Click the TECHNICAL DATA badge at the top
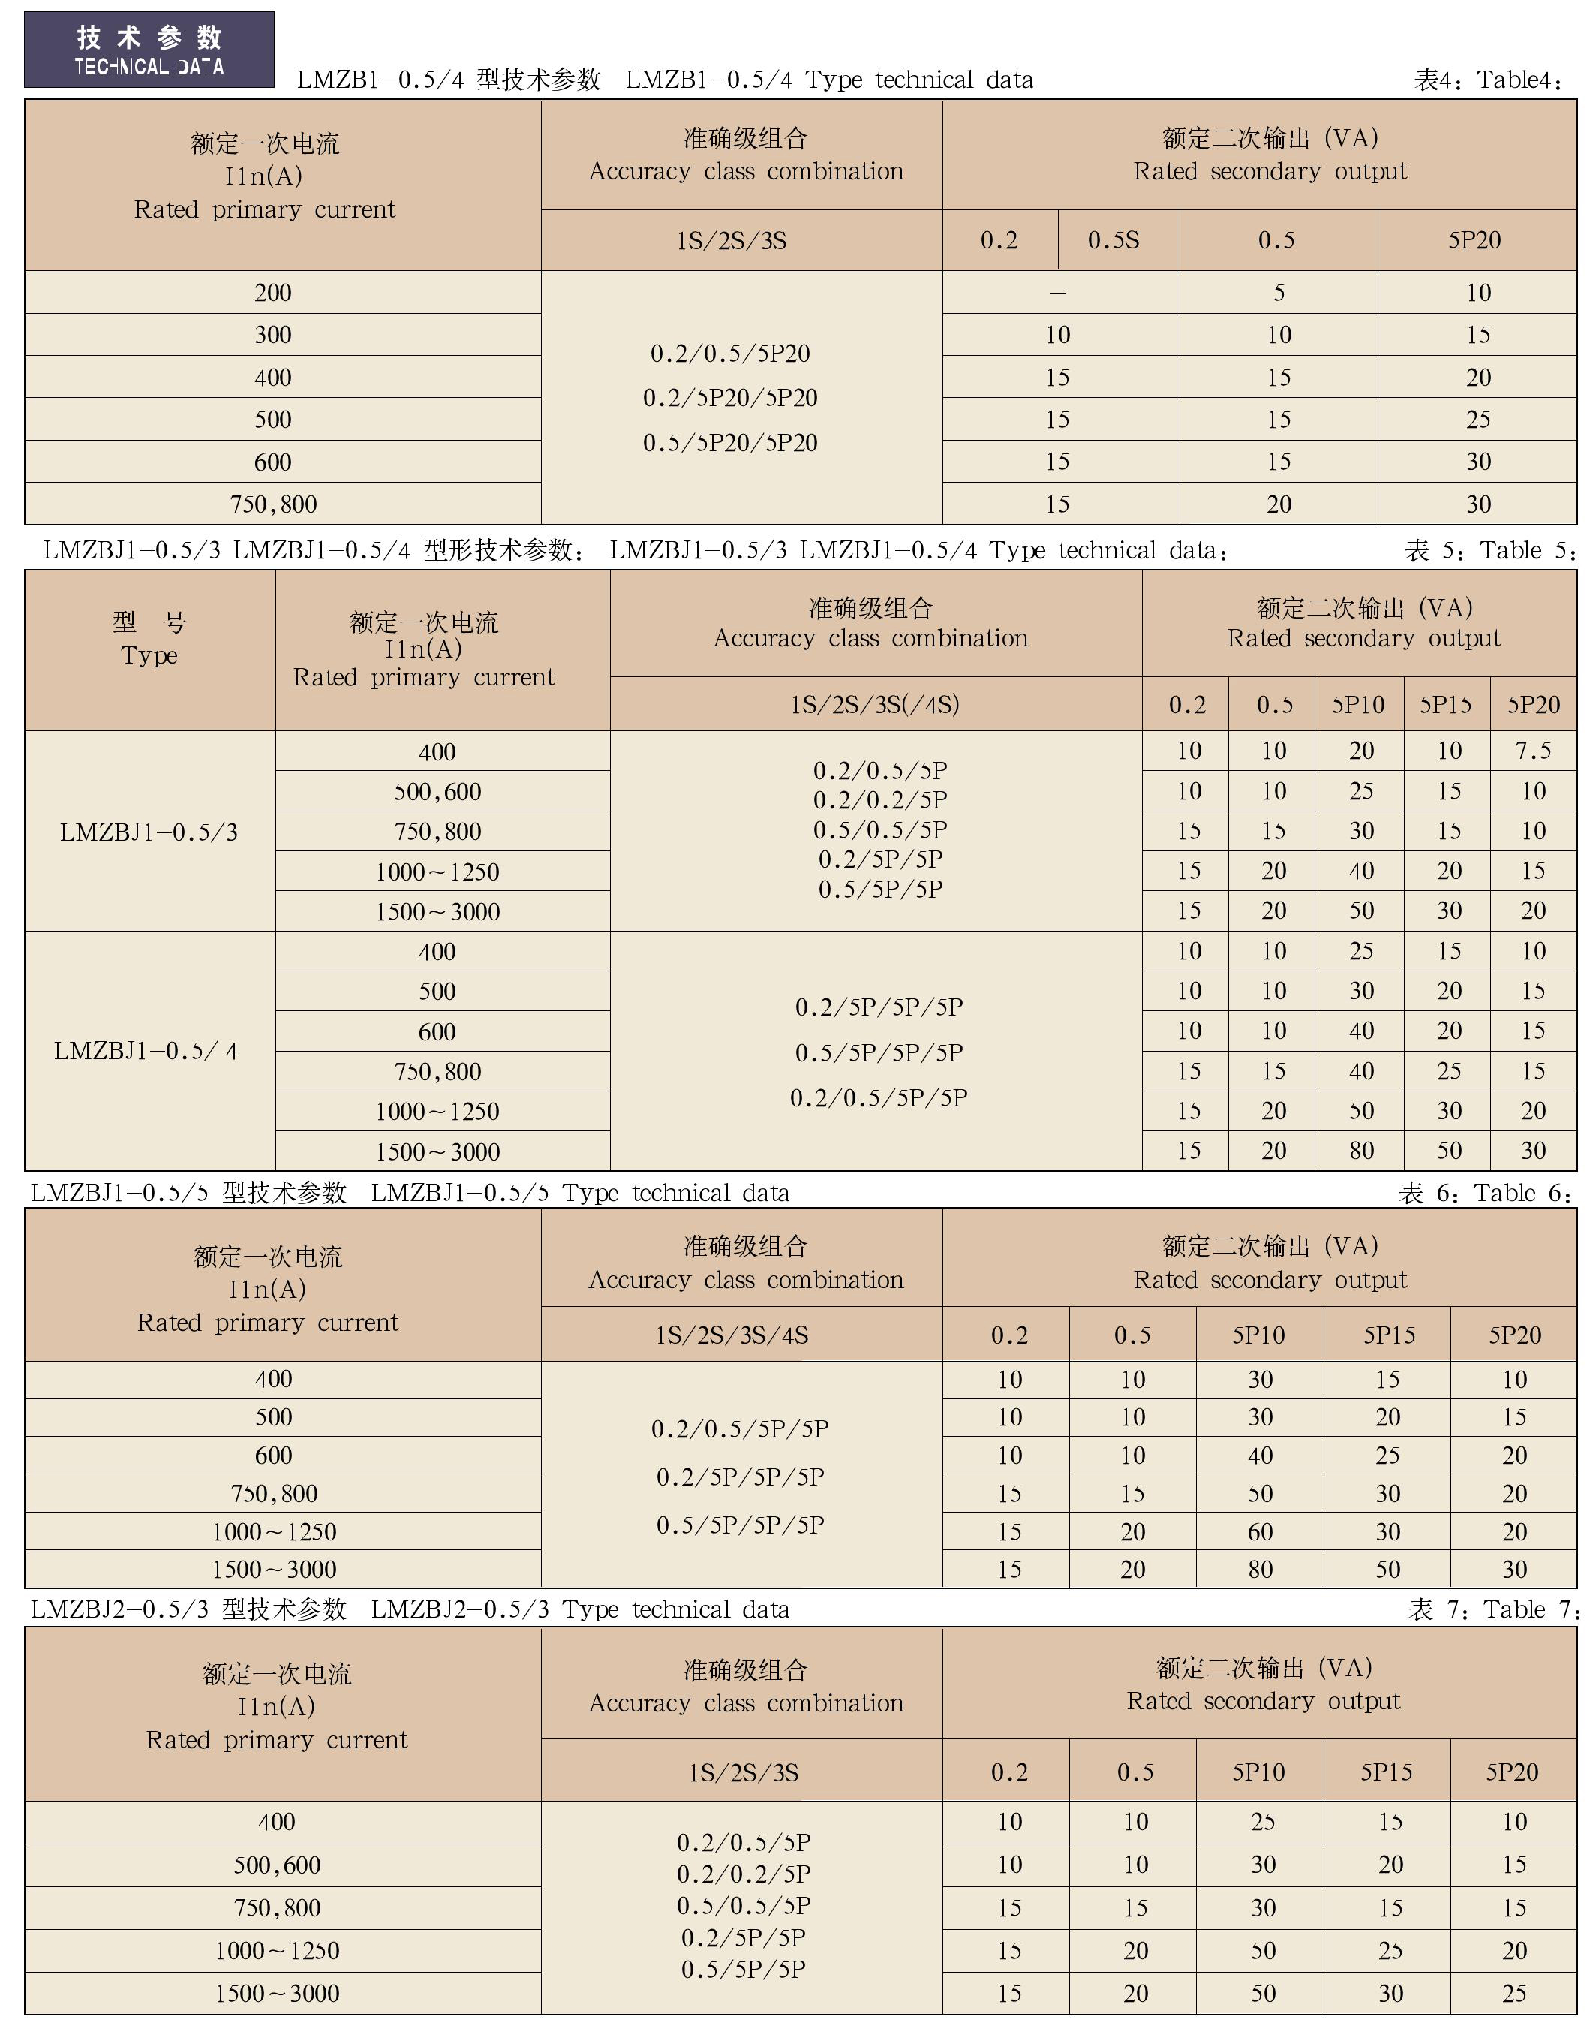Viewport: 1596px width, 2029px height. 149,50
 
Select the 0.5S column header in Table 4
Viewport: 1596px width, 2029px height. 1113,240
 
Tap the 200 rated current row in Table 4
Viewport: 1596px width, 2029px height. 273,293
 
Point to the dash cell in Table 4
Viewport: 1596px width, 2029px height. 1058,293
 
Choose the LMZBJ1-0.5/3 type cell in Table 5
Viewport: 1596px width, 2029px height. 149,832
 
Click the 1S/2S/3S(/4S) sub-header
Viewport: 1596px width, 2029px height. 875,704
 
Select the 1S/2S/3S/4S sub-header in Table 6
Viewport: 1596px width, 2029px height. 732,1335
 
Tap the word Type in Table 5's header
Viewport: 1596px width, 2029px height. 149,655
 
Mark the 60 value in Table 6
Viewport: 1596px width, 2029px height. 1260,1532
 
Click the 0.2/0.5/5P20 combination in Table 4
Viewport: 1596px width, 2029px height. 730,354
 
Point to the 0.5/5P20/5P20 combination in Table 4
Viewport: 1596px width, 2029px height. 730,442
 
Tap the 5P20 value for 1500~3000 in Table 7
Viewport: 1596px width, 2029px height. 1513,1994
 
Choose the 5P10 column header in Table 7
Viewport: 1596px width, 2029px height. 1258,1772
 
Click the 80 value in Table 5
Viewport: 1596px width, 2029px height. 1360,1151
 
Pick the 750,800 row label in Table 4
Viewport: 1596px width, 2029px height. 273,504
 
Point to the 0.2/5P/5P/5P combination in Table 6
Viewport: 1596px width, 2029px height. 740,1477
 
